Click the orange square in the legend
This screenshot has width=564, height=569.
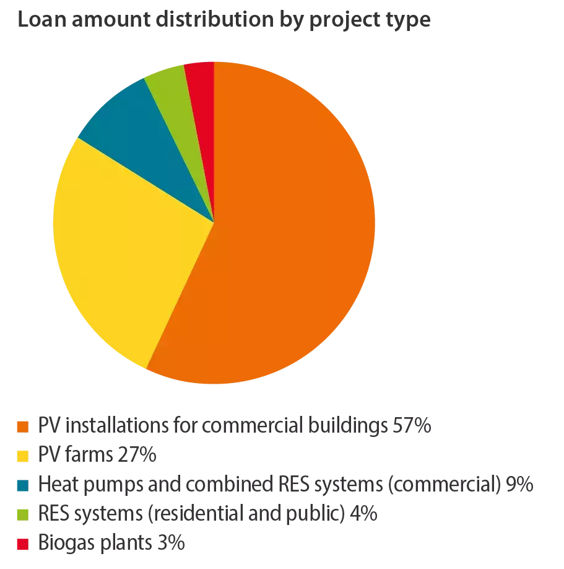22,428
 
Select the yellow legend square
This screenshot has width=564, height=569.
22,457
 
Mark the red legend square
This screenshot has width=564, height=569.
22,543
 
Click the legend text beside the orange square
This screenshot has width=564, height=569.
232,428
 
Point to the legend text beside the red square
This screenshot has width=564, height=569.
111,543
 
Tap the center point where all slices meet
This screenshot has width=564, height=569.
214,222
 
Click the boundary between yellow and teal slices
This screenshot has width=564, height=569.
146,180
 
